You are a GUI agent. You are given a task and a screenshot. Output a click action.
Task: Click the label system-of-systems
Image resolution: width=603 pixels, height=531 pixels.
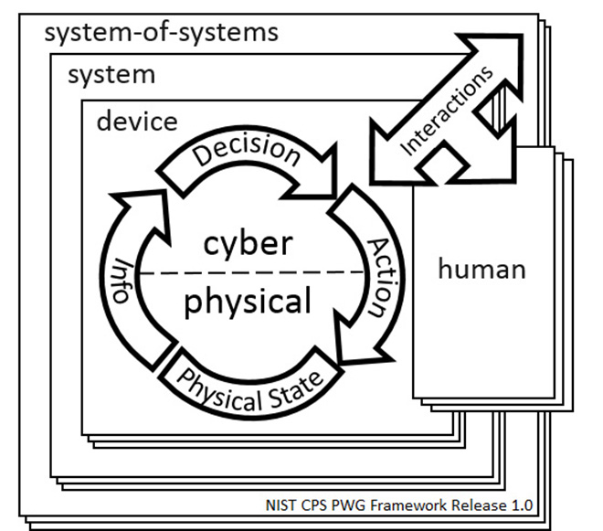161,34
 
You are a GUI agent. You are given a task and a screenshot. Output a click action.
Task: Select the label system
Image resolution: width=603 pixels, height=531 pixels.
111,74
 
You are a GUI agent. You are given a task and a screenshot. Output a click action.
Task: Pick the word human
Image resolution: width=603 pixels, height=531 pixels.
481,269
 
